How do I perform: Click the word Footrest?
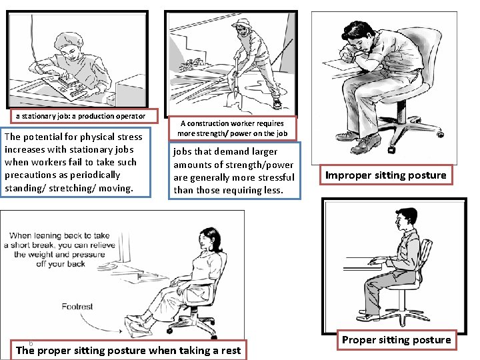(77, 307)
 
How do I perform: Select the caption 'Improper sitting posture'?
(386, 175)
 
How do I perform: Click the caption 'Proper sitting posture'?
(397, 340)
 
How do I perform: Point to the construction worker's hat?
(242, 23)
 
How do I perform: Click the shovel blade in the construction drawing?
(234, 98)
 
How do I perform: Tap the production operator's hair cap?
(69, 41)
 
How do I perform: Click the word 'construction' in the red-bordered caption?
(207, 123)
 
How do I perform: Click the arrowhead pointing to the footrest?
(120, 331)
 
